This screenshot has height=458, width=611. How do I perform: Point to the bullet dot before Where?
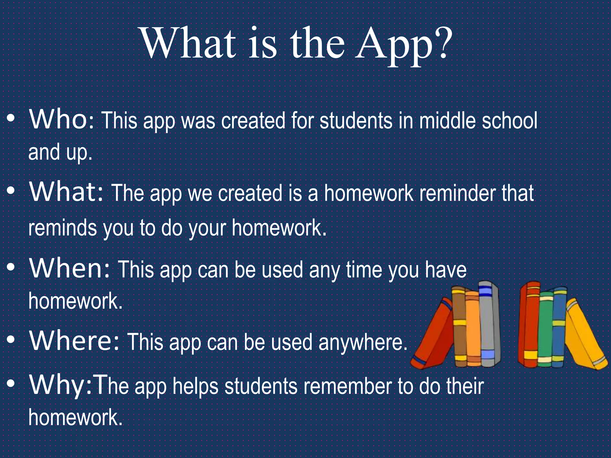pyautogui.click(x=11, y=340)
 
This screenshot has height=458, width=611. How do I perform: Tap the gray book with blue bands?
pyautogui.click(x=487, y=325)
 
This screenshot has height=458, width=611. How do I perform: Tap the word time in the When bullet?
pyautogui.click(x=364, y=270)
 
